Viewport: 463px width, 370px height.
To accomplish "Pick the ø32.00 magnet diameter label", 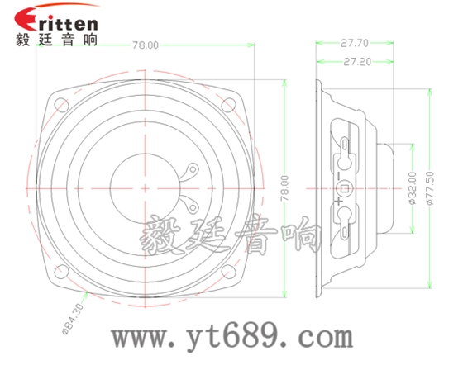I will (411, 188).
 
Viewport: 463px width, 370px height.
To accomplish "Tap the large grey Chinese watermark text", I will (231, 238).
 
